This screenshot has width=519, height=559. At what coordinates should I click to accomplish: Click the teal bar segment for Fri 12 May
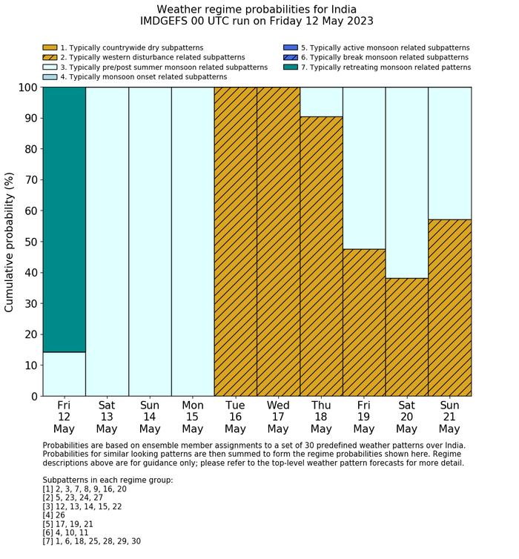coord(64,219)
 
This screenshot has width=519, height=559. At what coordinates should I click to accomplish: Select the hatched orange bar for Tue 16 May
coord(236,241)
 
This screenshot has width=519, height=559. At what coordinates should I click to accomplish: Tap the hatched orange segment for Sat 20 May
coord(407,337)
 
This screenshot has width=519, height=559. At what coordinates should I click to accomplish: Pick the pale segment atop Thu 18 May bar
coord(321,102)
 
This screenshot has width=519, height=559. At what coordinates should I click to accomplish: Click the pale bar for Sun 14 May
coord(150,241)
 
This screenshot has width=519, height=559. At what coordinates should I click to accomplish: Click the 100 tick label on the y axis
coord(26,87)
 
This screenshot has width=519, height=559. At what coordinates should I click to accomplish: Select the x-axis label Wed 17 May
coord(278,417)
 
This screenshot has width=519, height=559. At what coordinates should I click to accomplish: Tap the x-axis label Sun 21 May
coord(449,417)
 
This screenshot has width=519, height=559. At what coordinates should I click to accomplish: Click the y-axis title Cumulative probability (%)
coord(10,241)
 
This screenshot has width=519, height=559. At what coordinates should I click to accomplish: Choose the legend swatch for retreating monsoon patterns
coord(290,67)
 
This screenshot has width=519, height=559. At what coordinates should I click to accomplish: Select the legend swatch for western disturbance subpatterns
coord(50,58)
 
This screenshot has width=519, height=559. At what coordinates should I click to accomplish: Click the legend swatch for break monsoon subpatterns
coord(290,58)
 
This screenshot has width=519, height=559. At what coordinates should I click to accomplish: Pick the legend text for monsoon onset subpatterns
coord(144,77)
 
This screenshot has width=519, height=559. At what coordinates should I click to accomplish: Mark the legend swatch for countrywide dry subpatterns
coord(50,48)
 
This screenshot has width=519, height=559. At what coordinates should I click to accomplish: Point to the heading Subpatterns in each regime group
coord(108,480)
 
